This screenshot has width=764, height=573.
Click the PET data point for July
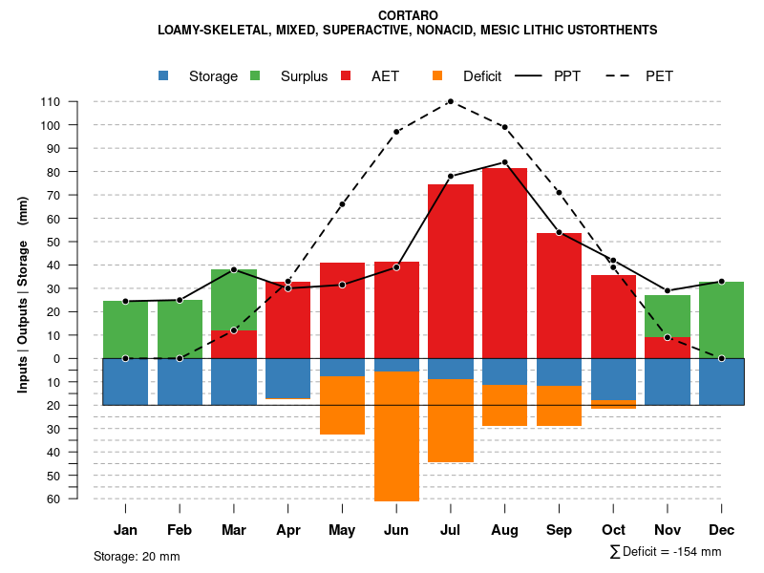click(450, 101)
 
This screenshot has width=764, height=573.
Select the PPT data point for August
click(504, 162)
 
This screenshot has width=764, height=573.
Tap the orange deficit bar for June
click(396, 435)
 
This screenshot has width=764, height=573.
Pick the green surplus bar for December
click(721, 320)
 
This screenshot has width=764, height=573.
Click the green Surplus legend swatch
click(256, 76)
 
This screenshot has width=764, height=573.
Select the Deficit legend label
click(482, 76)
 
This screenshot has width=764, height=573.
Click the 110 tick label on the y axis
click(51, 101)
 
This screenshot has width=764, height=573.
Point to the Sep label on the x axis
click(559, 530)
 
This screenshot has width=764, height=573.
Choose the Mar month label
click(233, 530)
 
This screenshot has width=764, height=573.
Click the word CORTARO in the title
click(408, 15)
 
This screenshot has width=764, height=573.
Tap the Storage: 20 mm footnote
click(137, 556)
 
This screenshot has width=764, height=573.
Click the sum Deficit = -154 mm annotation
click(666, 552)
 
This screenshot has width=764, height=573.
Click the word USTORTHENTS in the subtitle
click(610, 31)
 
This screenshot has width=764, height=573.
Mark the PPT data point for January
click(125, 302)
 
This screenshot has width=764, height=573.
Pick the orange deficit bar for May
click(342, 405)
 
